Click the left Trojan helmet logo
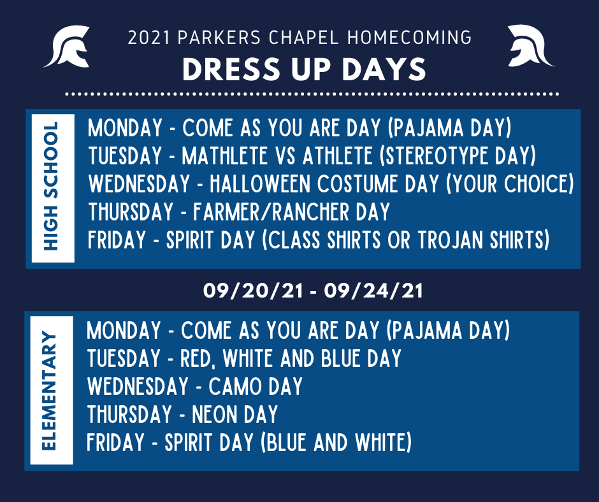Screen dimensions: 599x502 tap(68, 47)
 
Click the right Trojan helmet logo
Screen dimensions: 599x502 tap(530, 46)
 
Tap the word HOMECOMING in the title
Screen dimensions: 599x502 tap(410, 38)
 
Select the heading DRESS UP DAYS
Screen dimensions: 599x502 tap(304, 69)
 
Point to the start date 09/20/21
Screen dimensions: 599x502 tap(253, 290)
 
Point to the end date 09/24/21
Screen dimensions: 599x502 tap(373, 290)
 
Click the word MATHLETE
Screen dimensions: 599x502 tap(224, 156)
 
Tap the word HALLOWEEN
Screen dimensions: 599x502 tap(260, 183)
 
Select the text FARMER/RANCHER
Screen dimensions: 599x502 tap(271, 212)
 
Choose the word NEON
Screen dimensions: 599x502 tap(215, 415)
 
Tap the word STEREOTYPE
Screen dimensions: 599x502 tap(435, 156)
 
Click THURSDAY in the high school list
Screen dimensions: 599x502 tap(131, 212)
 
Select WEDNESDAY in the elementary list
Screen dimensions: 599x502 tap(138, 386)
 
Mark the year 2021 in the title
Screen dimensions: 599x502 tap(148, 38)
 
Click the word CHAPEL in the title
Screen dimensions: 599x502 tap(304, 38)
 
